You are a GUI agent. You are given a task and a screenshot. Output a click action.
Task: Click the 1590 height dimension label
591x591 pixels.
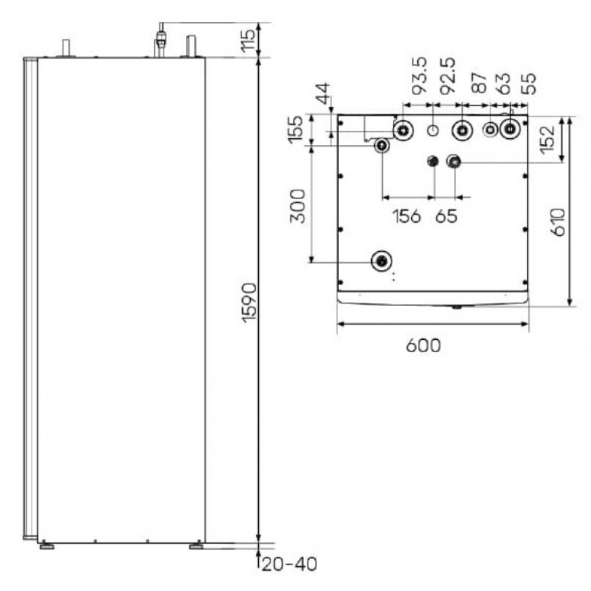249,303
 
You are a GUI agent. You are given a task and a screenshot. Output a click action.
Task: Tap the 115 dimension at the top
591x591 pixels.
248,40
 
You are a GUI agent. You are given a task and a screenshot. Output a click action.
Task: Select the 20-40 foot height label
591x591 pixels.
289,564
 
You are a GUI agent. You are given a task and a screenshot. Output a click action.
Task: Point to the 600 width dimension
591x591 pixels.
423,346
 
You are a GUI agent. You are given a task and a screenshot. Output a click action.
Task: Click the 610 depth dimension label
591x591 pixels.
558,222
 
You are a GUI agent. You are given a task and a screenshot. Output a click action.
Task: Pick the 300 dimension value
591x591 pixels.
297,206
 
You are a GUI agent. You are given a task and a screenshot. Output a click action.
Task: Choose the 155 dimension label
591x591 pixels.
295,129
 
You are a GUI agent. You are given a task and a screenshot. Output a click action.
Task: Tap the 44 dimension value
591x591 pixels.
323,93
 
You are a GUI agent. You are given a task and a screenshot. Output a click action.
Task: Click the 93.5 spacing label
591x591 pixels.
419,75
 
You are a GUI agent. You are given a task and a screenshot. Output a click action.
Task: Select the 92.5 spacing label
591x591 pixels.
448,76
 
